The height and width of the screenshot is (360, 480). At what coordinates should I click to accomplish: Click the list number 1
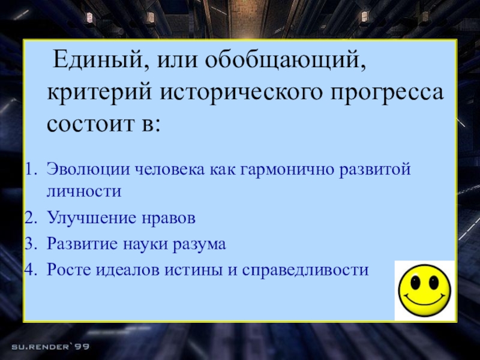coord(30,170)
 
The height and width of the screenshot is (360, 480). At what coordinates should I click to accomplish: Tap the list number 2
coord(30,218)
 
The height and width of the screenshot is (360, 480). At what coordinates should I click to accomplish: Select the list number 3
coord(30,244)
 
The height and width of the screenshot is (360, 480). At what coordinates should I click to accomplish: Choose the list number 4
coord(30,270)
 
